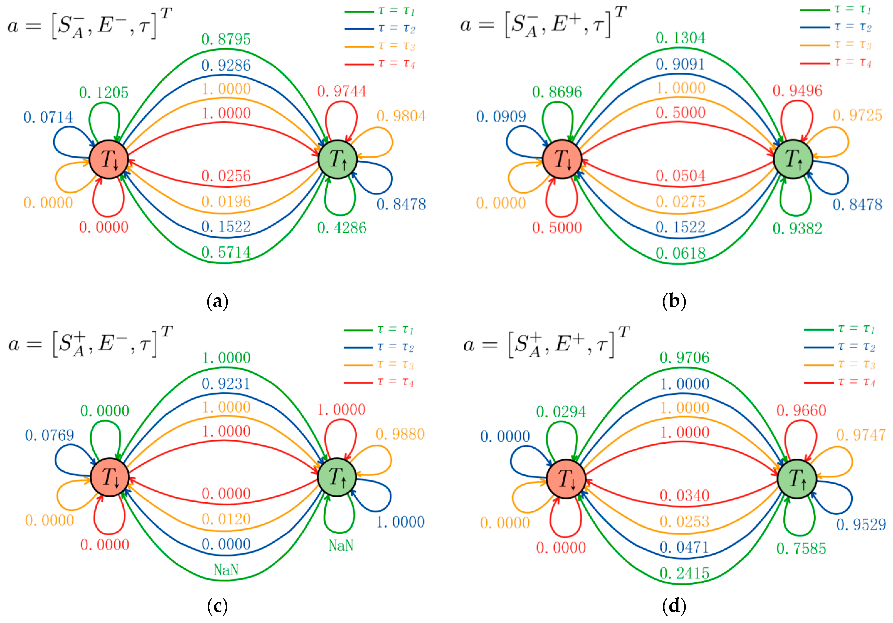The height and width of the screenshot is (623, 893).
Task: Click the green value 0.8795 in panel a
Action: coord(226,39)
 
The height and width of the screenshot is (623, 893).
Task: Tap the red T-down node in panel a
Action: coord(109,159)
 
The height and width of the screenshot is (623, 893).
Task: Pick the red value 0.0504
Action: coord(680,176)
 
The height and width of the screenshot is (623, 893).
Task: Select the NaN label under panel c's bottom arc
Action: coord(226,570)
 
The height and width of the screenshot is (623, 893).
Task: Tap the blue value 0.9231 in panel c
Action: coord(226,384)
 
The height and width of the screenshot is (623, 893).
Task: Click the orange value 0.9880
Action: coord(400,434)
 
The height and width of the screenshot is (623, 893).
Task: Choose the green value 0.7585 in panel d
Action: coord(801,548)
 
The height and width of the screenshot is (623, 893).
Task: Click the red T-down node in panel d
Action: coord(566,479)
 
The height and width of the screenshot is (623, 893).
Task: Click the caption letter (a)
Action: coord(217,302)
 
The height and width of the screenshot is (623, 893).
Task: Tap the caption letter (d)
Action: coord(674,606)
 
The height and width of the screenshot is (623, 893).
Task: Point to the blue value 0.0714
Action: coord(48,117)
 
